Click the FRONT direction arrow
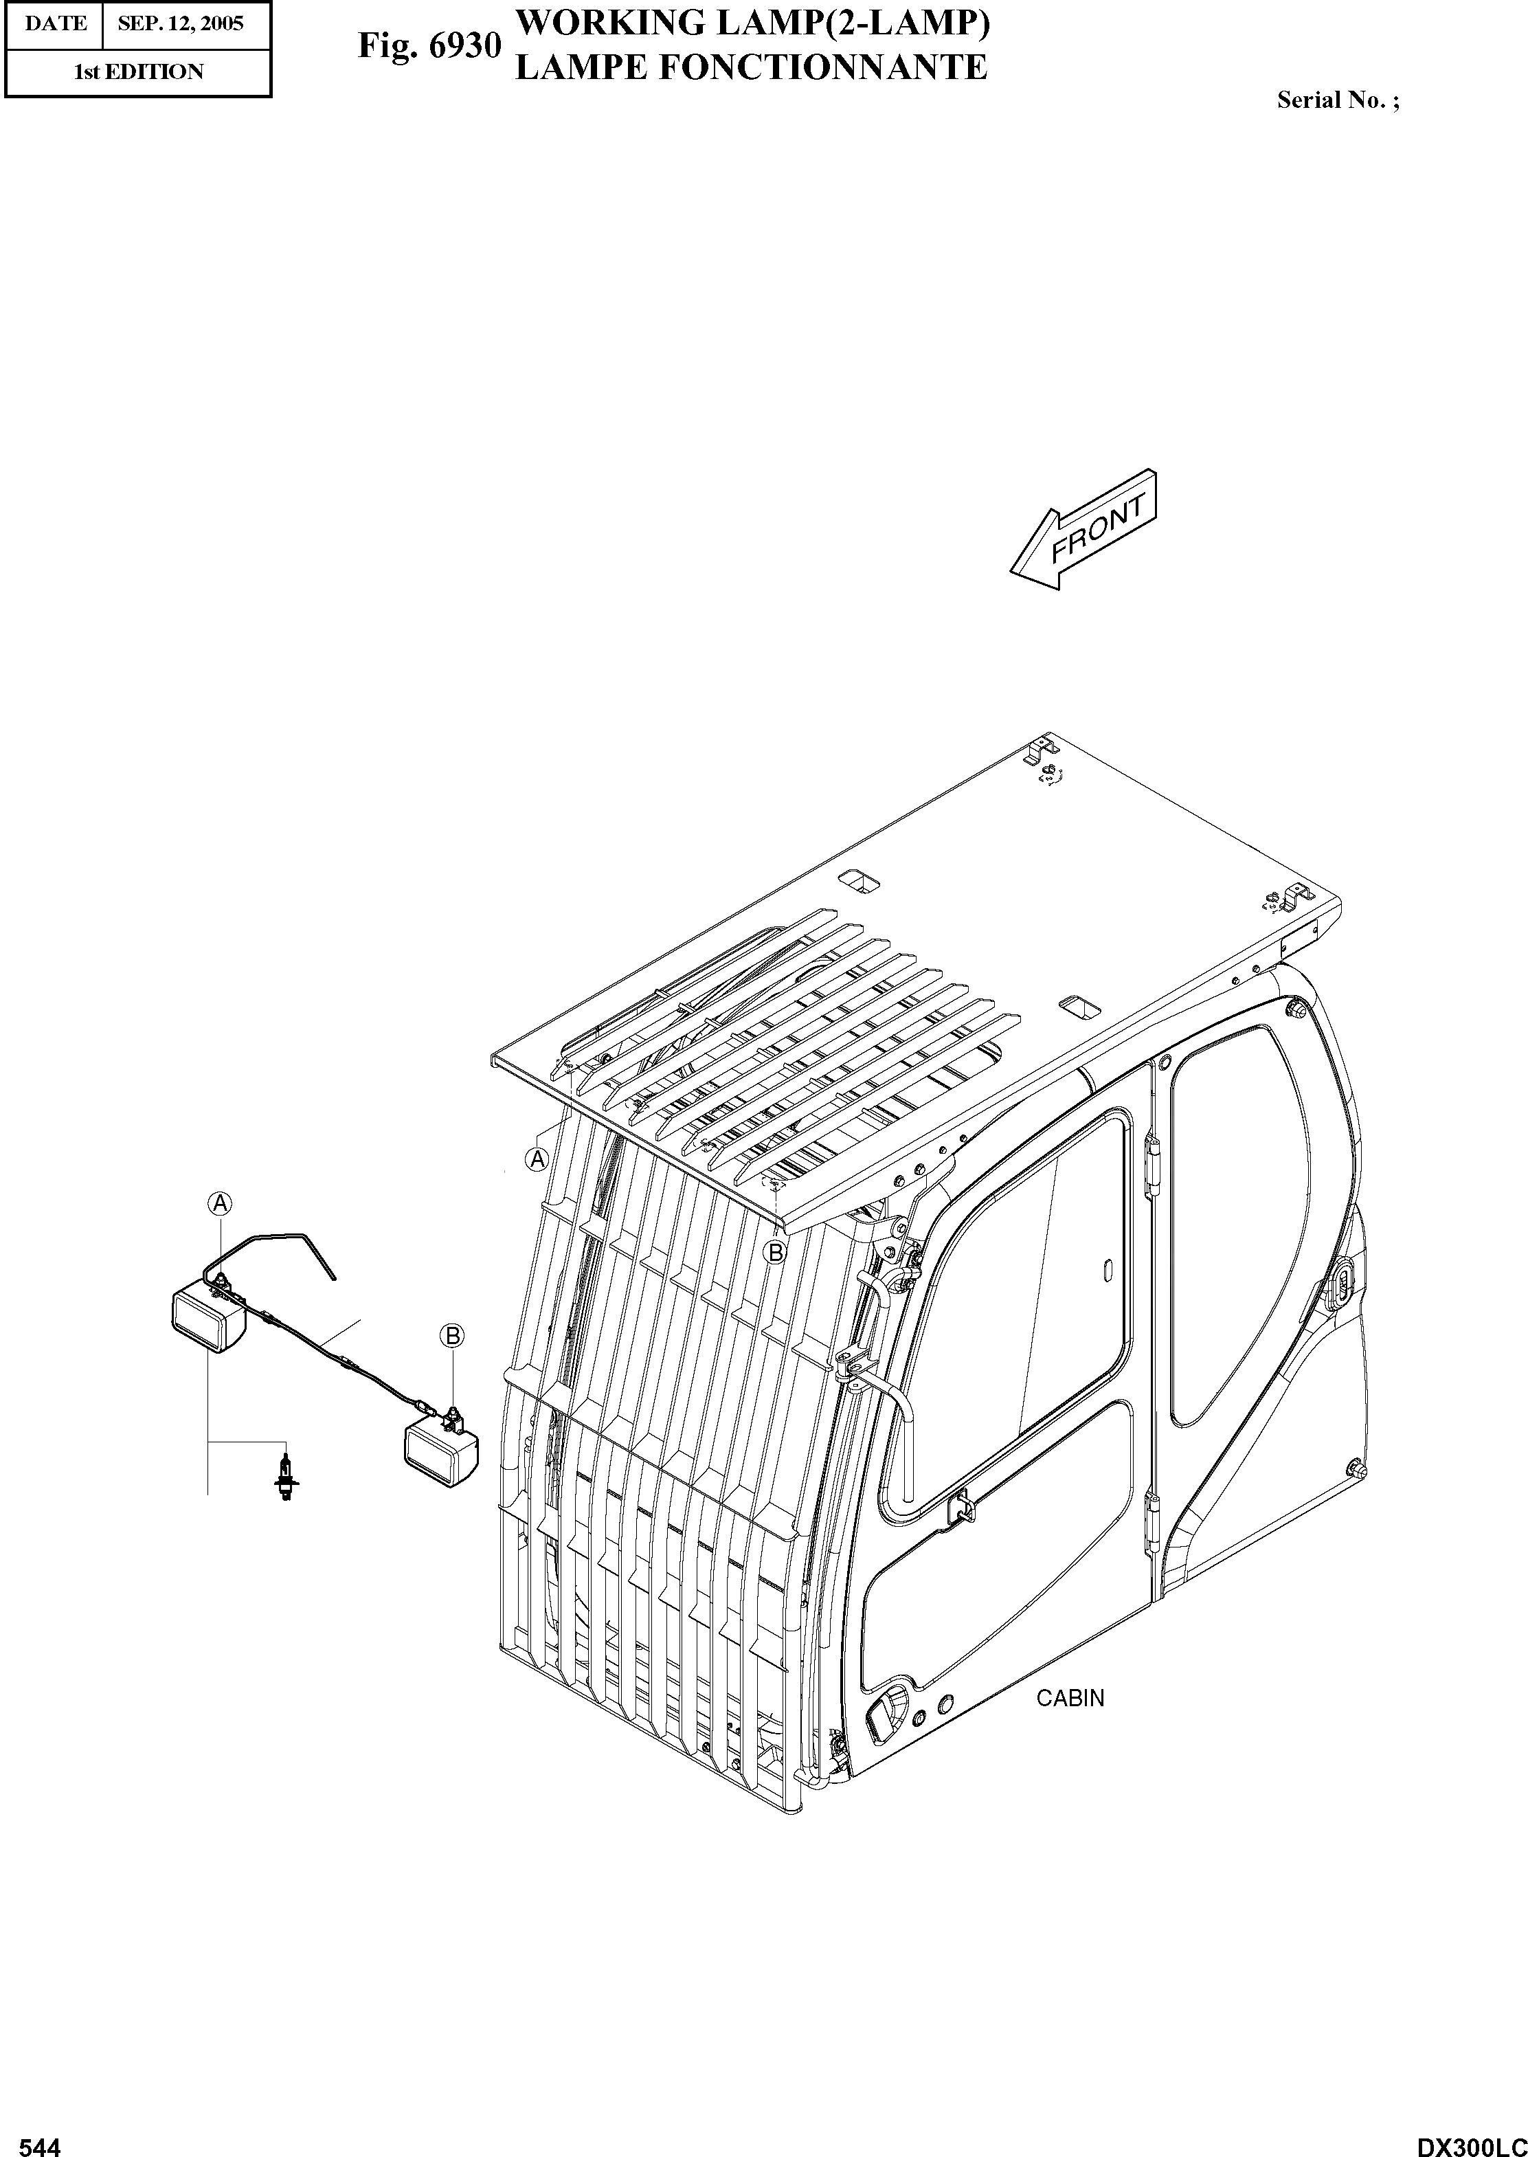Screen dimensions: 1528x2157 point(1083,530)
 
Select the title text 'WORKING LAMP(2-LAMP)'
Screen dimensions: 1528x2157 point(753,23)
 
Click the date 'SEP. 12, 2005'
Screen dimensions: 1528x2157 point(181,23)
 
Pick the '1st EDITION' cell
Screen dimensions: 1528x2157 point(138,72)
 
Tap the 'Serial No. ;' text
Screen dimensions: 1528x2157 point(1337,101)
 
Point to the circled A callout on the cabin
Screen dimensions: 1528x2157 point(537,1159)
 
